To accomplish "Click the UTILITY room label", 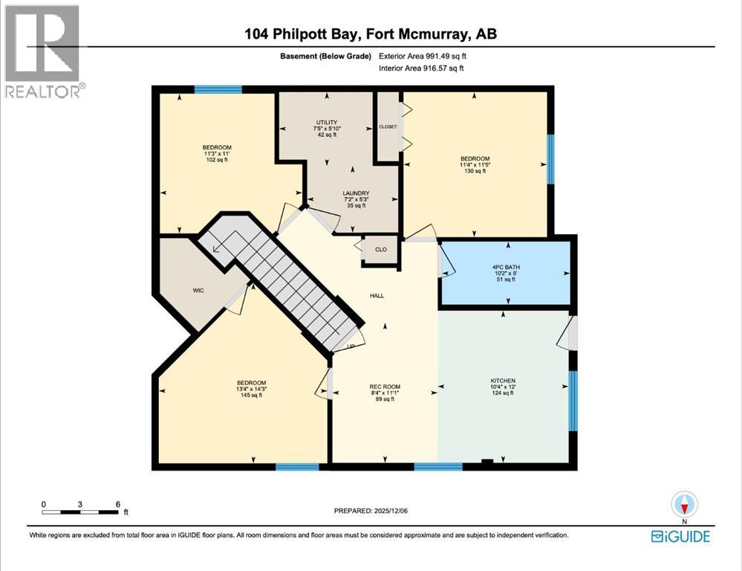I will click(x=327, y=123).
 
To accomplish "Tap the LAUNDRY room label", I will click(x=336, y=193).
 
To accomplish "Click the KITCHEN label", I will click(x=502, y=380).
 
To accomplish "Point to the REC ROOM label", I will click(x=385, y=386).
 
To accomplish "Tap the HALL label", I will click(x=377, y=295).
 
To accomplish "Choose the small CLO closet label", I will click(x=380, y=250).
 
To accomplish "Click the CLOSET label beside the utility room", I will click(x=388, y=127).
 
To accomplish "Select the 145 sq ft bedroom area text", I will click(x=251, y=396).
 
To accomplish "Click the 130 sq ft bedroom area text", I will click(x=475, y=171).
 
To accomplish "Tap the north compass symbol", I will click(x=684, y=505).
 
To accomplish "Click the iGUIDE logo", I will click(x=680, y=536).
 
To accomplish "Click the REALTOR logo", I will click(x=43, y=52).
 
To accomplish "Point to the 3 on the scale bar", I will click(x=80, y=504).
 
